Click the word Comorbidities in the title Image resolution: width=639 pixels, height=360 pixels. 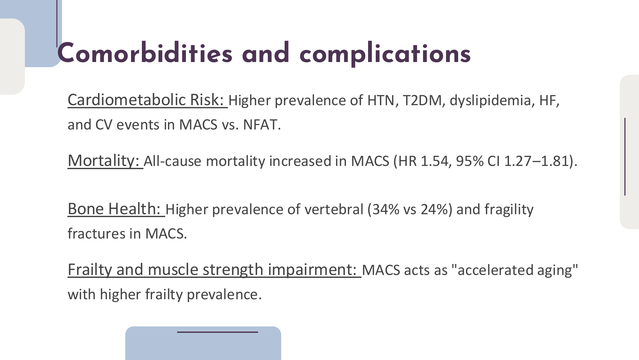pos(145,53)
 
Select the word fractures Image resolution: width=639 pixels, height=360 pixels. pos(96,234)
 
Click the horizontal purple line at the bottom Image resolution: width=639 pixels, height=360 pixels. pos(218,332)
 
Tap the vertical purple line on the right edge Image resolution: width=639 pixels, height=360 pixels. pos(625,157)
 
